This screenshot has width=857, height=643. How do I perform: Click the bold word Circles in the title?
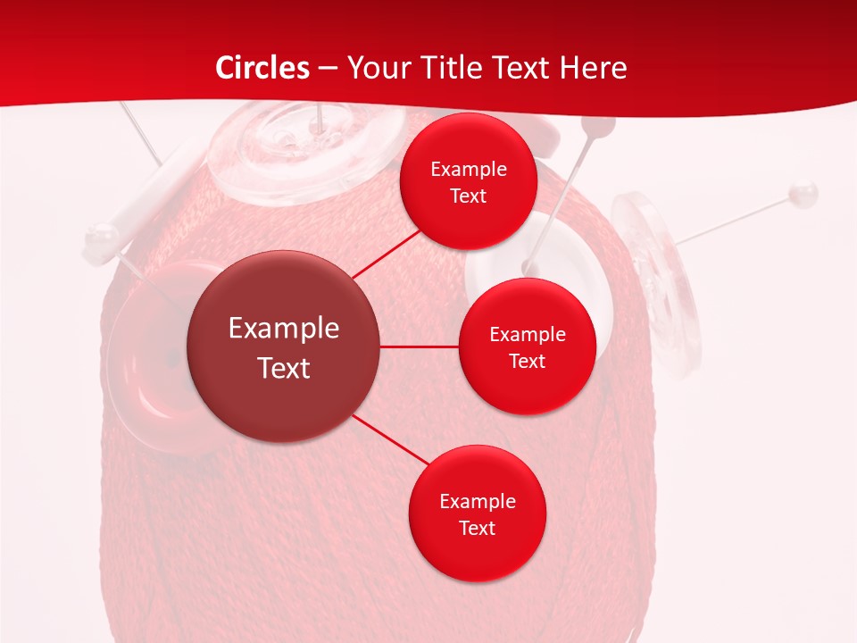262,68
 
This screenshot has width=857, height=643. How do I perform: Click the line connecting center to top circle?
386,254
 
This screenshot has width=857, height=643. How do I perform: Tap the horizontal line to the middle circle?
419,347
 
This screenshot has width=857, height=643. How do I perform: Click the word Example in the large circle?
284,328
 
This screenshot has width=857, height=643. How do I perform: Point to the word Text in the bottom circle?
477,528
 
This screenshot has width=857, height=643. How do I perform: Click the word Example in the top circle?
468,169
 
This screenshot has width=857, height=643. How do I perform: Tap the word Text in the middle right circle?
527,361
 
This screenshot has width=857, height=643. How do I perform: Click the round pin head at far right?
804,190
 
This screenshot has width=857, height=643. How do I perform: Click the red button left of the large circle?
143,357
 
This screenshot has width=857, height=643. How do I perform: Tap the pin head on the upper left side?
102,237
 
